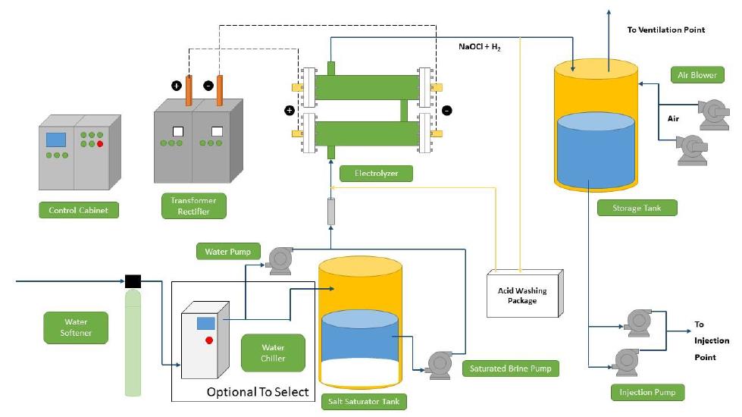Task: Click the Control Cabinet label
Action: [78, 210]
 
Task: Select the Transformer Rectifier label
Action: [194, 206]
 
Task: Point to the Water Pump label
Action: [227, 251]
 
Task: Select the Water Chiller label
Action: [273, 353]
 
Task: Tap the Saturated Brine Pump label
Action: [510, 369]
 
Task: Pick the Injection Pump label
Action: [647, 392]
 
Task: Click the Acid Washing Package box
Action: [522, 295]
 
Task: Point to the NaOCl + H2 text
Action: [479, 46]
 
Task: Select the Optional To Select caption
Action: [258, 391]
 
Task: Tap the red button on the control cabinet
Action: [99, 143]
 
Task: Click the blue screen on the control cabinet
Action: [55, 140]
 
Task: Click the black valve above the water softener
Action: [133, 282]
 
